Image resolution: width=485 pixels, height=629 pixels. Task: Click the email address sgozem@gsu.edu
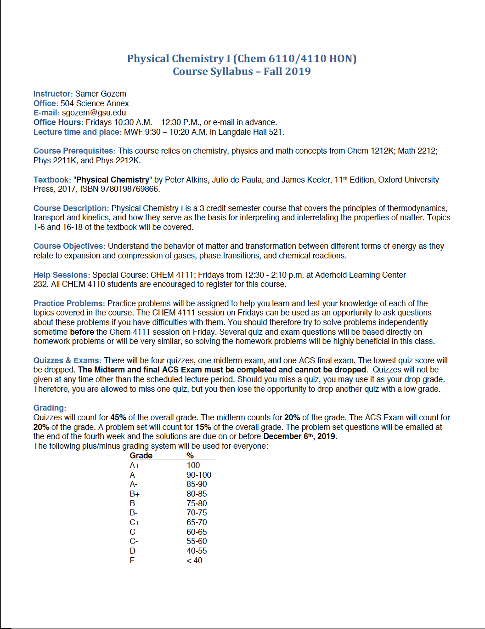pos(94,113)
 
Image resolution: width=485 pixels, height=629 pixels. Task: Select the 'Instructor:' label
pos(53,94)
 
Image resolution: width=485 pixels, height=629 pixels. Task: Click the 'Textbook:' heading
pos(52,180)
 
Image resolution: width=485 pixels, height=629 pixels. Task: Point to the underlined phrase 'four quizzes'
pos(172,360)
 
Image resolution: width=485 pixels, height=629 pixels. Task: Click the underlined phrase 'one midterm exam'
pos(231,360)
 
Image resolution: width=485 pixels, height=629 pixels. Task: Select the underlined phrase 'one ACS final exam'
pos(318,360)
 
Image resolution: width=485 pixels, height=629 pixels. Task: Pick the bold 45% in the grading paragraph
pos(118,417)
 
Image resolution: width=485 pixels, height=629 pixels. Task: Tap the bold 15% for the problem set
pos(203,427)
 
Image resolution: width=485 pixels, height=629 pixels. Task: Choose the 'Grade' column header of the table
pos(141,455)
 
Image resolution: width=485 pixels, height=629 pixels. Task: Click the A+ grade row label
pos(135,465)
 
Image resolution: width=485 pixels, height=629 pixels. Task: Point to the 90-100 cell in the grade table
pos(199,475)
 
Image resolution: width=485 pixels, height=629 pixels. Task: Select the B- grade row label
pos(134,513)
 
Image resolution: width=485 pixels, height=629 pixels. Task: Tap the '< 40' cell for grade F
pos(194,560)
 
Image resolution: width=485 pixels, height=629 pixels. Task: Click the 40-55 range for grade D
pos(197,551)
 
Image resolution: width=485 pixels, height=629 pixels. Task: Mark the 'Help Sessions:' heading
pos(62,275)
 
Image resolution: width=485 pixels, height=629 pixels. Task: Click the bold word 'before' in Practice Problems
pos(82,332)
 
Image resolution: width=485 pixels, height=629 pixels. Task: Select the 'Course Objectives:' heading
pos(69,246)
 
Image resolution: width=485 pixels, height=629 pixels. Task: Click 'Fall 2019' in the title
pos(287,72)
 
